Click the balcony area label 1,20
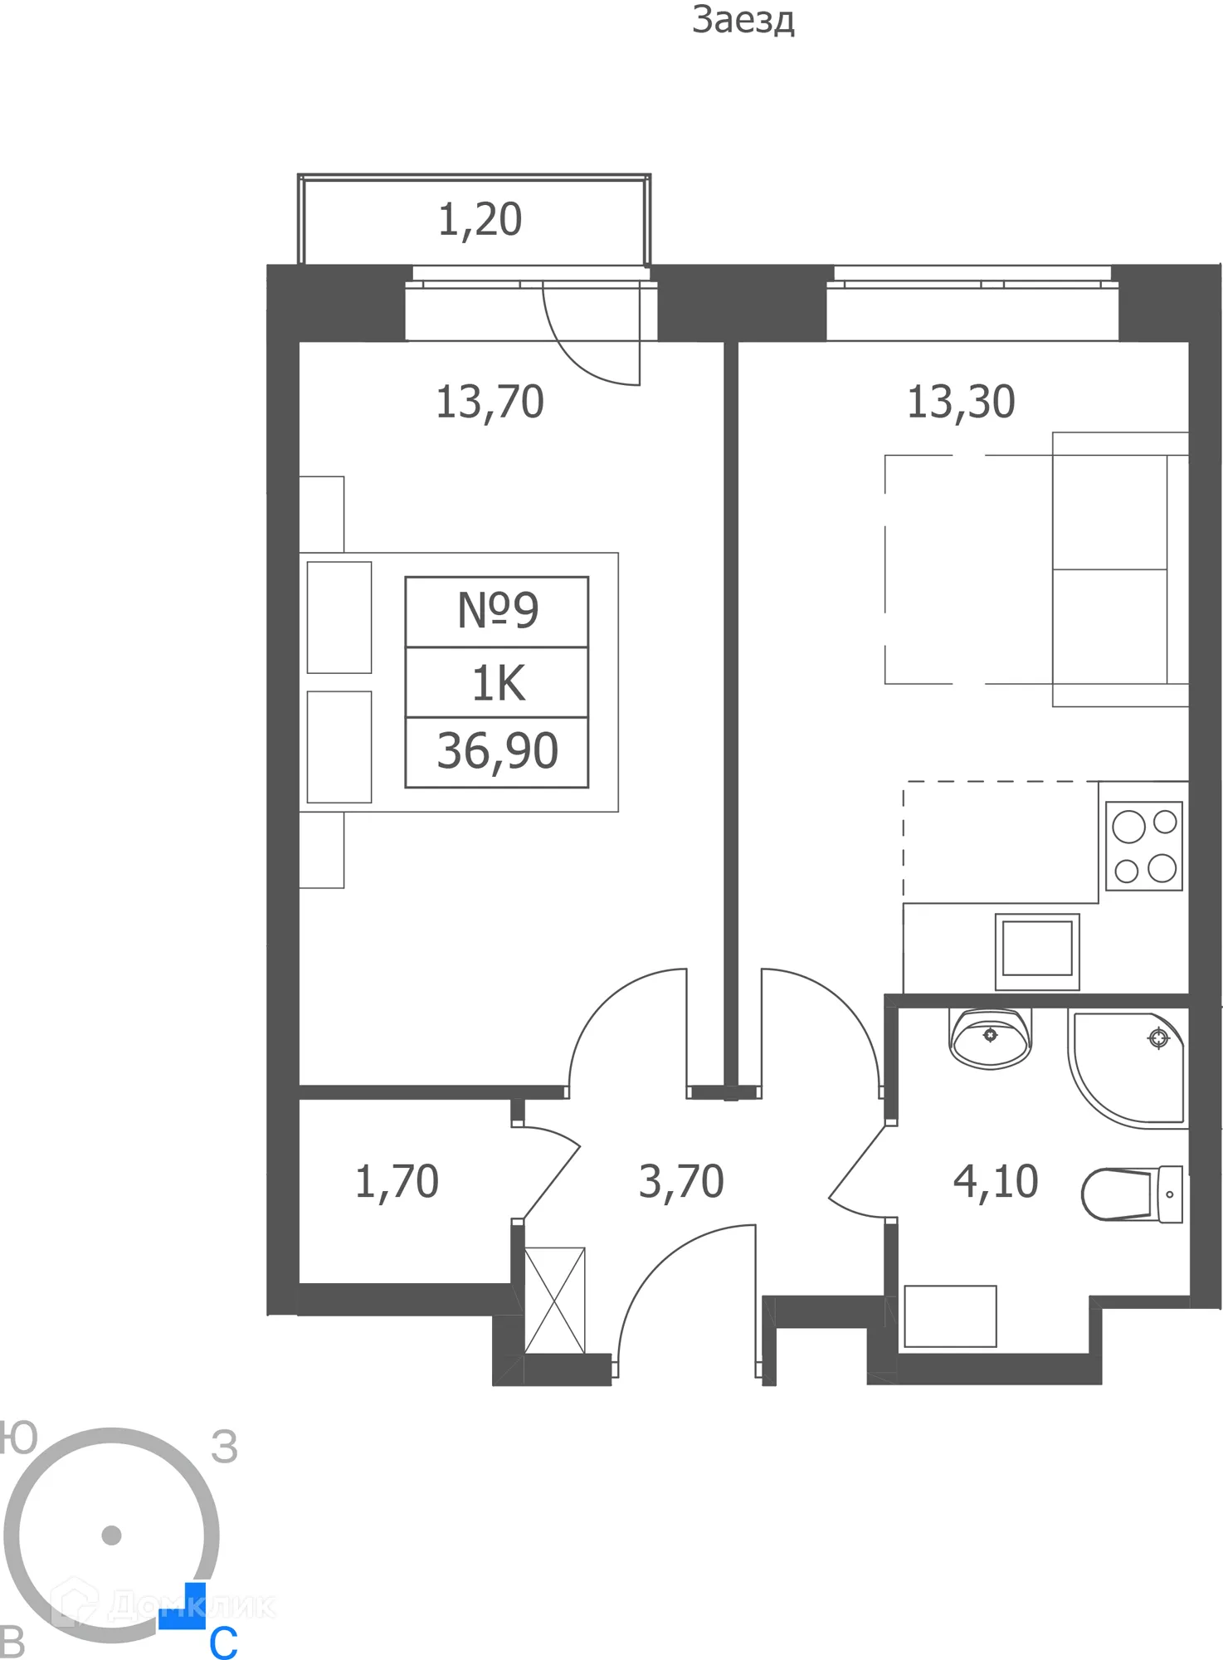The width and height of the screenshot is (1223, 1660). pos(480,220)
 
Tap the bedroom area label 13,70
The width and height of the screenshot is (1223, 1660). pos(490,403)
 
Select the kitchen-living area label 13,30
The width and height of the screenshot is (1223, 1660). pos(961,403)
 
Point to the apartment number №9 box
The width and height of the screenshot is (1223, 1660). pos(497,611)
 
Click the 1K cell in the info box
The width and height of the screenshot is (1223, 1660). pos(497,683)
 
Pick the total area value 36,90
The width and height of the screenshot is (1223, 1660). pos(497,751)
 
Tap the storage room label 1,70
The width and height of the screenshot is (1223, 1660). pos(397,1182)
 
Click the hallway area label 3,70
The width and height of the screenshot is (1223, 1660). pos(681,1182)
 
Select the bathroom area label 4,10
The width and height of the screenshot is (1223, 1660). pos(995,1182)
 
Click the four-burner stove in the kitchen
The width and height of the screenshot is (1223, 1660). pos(1144,846)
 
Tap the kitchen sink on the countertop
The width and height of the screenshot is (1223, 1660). pos(1037,951)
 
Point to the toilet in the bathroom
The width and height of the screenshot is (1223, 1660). pos(1132,1194)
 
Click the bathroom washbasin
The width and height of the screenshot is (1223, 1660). pos(989,1039)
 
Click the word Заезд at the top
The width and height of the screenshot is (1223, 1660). pos(743,20)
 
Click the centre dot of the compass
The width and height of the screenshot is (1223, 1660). pos(111,1535)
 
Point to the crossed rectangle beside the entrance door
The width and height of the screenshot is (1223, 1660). pos(554,1301)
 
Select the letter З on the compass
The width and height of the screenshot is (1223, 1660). pos(224,1448)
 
